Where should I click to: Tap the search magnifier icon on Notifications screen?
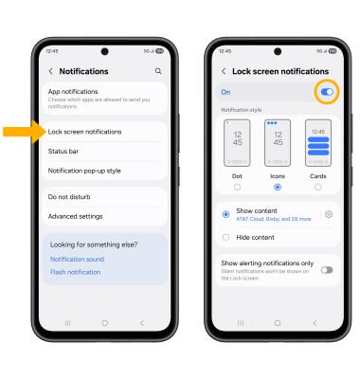(x=158, y=71)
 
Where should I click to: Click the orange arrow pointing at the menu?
(x=25, y=132)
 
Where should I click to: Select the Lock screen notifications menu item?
(x=84, y=132)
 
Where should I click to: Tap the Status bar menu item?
(x=63, y=152)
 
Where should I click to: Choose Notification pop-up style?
(x=84, y=171)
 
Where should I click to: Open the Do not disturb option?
(x=69, y=197)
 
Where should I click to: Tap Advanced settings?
(x=75, y=216)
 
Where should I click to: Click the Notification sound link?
(x=77, y=259)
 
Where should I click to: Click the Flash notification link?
(x=75, y=272)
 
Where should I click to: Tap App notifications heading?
(x=73, y=92)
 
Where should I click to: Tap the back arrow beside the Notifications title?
(x=50, y=71)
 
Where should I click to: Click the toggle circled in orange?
(x=327, y=92)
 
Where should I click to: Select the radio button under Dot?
(x=237, y=188)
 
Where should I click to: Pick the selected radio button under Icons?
(x=278, y=188)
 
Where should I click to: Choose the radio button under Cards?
(x=318, y=188)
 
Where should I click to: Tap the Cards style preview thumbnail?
(x=318, y=143)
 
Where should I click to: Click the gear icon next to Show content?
(x=329, y=214)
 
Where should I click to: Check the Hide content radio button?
(x=225, y=237)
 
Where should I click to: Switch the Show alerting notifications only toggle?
(x=327, y=270)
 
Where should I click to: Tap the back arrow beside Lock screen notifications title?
(x=224, y=71)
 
